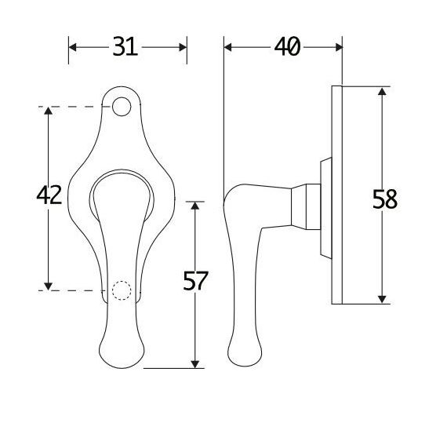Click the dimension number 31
125,47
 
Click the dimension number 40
286,47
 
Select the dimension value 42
49,195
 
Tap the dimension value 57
195,281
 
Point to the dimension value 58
384,199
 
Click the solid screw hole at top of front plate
121,105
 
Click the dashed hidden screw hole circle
120,290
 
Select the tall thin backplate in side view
338,193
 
